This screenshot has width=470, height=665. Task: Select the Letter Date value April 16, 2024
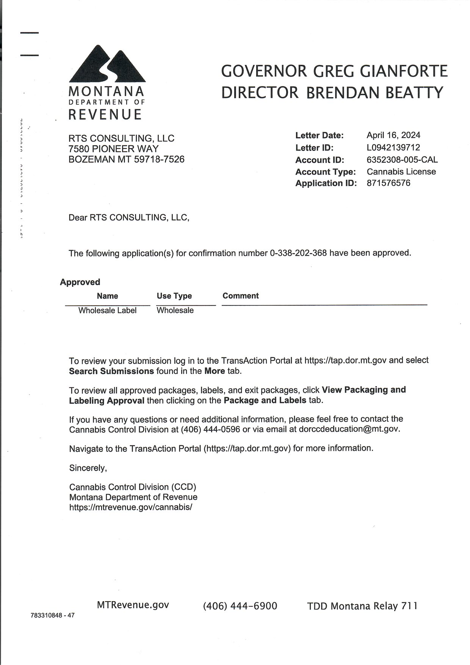click(x=393, y=135)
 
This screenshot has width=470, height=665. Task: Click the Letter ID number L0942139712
click(x=393, y=148)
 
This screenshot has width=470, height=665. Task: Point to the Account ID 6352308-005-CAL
click(x=402, y=160)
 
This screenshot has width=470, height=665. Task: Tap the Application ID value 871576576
click(x=388, y=183)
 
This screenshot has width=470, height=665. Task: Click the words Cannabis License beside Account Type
click(x=401, y=171)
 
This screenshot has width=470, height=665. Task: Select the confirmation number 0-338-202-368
click(x=298, y=253)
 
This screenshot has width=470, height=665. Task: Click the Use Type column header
click(x=174, y=296)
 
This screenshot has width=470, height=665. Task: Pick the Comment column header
click(x=240, y=296)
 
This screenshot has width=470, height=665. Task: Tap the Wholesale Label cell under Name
click(x=107, y=310)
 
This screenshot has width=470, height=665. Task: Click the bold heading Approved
click(x=80, y=282)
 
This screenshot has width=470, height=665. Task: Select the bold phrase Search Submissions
click(x=111, y=371)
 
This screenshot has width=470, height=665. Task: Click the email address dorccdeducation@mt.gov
click(x=349, y=429)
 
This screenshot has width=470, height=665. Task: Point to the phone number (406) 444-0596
click(x=210, y=429)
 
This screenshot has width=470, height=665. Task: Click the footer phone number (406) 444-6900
click(x=240, y=606)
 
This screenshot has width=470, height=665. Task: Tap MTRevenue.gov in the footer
click(x=133, y=605)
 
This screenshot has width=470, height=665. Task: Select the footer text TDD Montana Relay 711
click(x=362, y=606)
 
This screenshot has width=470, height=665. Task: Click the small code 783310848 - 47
click(x=53, y=615)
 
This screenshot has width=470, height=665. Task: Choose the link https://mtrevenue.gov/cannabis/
click(x=131, y=507)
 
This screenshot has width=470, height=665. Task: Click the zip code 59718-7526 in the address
click(x=159, y=159)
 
